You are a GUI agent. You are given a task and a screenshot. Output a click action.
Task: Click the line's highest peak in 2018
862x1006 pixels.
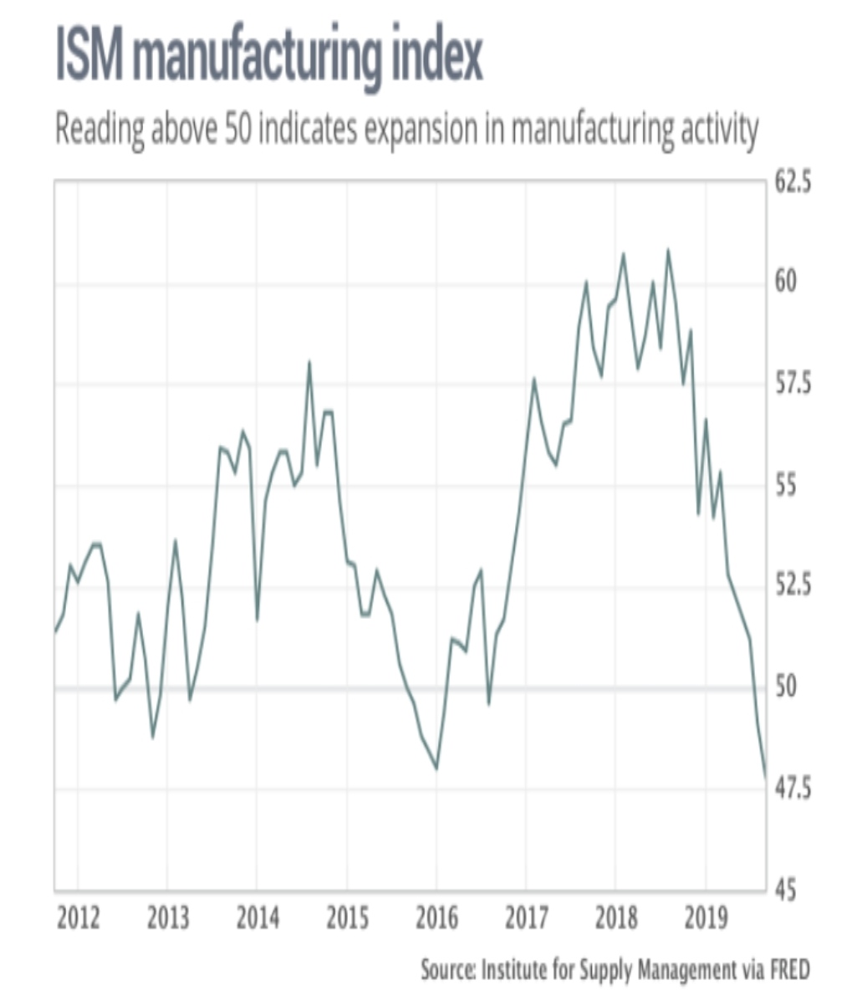pyautogui.click(x=667, y=249)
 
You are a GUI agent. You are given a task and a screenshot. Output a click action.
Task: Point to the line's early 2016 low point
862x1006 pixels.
pyautogui.click(x=436, y=769)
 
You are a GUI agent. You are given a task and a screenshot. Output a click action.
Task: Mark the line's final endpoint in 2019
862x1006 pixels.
pyautogui.click(x=765, y=776)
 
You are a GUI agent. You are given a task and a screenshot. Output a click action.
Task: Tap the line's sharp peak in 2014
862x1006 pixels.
pyautogui.click(x=309, y=362)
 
